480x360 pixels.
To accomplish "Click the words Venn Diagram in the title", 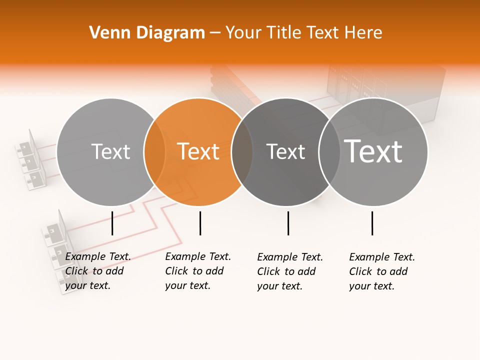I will coord(147,33).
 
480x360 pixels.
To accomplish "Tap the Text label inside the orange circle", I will coord(198,151).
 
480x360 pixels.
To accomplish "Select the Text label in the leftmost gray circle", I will coord(110,151).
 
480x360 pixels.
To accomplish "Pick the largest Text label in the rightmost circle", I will coord(373,151).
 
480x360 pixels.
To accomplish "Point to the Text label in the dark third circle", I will coord(285,151).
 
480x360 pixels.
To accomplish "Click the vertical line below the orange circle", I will coord(200,223).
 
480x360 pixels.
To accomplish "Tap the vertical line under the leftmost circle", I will coord(112,223).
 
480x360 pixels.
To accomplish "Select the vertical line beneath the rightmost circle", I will coord(372,223).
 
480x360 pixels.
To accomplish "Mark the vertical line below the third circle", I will coord(288,223).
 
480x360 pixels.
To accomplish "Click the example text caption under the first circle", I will coord(97,271).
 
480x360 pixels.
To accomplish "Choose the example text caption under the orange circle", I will coord(197,271).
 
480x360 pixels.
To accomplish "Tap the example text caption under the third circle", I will coord(289,271).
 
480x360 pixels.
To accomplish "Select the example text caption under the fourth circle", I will coord(381,271).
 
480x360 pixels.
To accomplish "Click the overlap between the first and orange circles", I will coord(154,151).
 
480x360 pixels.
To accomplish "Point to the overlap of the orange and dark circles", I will coord(242,151).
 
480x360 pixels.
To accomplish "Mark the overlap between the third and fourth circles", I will coord(329,151).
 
